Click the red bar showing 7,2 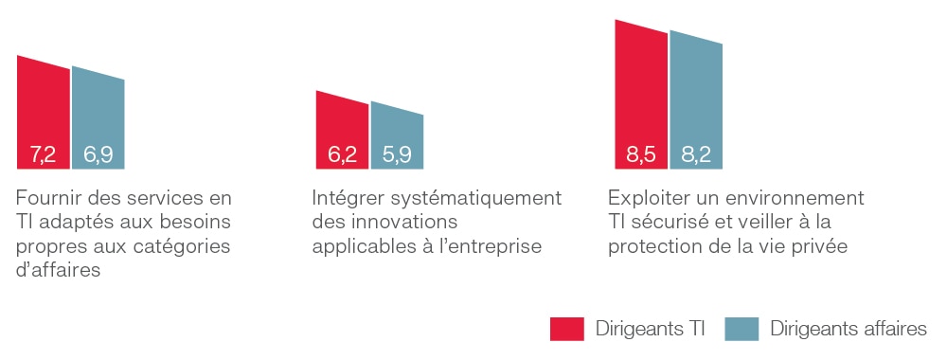[43, 115]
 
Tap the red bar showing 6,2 [342, 132]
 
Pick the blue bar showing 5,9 [397, 137]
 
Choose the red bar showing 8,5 [641, 97]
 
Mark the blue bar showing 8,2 [696, 102]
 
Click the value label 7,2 [43, 155]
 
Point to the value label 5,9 [397, 155]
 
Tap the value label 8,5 [641, 155]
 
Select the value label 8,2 [696, 155]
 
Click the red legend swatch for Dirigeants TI [566, 329]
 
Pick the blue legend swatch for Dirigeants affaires [742, 329]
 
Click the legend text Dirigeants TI [651, 329]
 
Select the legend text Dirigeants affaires [849, 329]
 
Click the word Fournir [45, 198]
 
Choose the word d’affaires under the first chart [58, 269]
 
